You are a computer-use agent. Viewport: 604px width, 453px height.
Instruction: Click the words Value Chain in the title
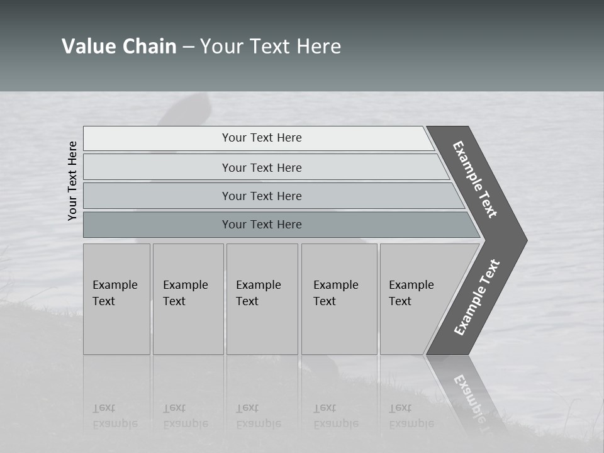[x=119, y=46]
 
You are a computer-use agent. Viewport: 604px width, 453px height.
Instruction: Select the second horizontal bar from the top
[x=262, y=167]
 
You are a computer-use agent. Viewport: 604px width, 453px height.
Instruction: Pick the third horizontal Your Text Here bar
[x=262, y=196]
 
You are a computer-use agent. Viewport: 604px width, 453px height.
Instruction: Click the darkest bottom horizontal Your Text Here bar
[x=262, y=225]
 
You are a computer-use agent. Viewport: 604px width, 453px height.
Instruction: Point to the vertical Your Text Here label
[x=72, y=181]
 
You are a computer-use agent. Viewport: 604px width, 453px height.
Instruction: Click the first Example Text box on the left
[x=116, y=299]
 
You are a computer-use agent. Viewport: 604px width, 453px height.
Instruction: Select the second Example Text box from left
[x=187, y=299]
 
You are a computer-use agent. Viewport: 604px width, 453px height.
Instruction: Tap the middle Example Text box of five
[x=262, y=299]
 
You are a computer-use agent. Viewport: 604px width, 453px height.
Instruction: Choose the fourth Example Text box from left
[x=338, y=299]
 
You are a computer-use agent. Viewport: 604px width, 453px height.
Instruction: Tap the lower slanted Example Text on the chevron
[x=477, y=297]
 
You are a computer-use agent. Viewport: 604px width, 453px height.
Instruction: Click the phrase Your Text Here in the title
[x=271, y=46]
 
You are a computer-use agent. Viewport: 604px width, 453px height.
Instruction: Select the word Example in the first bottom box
[x=115, y=285]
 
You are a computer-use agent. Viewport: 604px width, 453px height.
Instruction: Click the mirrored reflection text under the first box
[x=115, y=416]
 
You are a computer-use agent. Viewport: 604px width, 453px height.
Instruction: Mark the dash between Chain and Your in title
[x=188, y=47]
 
